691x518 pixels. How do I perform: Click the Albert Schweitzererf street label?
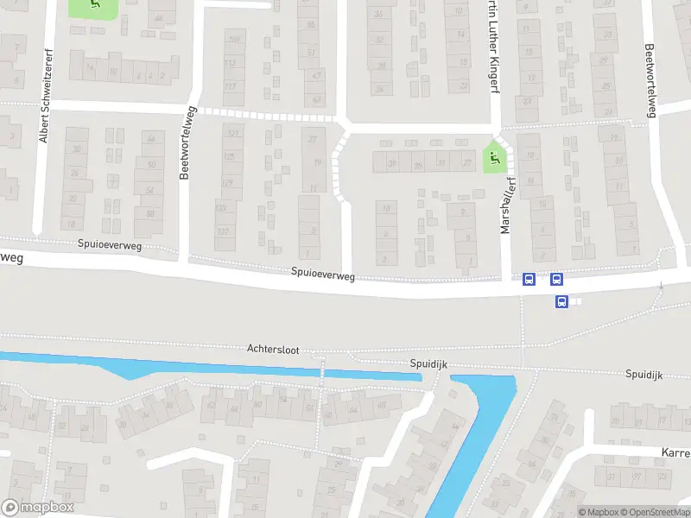point(43,114)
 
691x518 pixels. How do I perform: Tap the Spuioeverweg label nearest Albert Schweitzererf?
point(108,246)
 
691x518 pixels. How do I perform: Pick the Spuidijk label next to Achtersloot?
point(426,365)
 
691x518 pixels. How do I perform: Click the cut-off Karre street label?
point(675,452)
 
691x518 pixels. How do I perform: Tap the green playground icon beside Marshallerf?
point(493,157)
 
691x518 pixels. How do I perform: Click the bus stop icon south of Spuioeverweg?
point(561,301)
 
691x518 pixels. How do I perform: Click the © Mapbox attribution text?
point(598,512)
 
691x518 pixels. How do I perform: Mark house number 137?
point(224,231)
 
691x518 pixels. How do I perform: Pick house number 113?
point(231,63)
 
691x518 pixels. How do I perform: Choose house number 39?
point(393,163)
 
